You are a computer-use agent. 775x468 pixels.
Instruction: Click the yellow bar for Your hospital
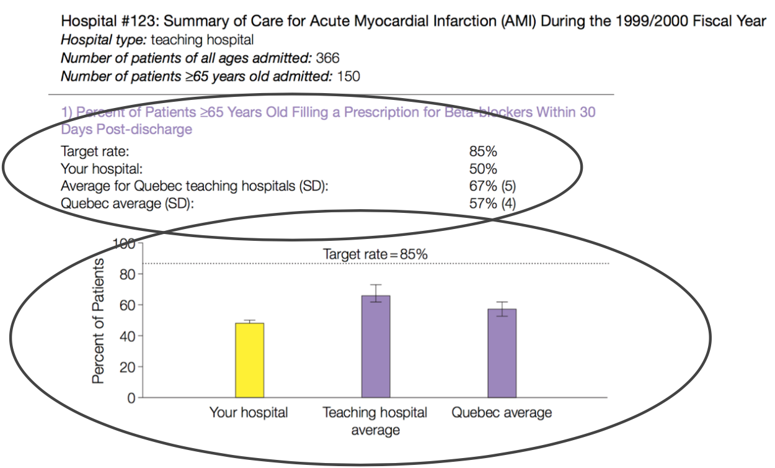click(250, 360)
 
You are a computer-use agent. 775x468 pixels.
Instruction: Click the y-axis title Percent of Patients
click(98, 321)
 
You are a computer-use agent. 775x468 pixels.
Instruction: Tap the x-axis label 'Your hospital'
click(249, 413)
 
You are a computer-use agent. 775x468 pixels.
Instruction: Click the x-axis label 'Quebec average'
click(502, 413)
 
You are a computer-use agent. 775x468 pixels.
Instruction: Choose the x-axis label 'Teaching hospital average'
click(375, 421)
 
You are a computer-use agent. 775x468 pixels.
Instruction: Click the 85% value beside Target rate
click(483, 151)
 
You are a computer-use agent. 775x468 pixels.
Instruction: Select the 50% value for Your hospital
click(483, 168)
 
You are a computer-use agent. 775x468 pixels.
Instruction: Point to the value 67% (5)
click(492, 186)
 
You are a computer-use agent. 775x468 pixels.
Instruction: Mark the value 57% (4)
click(492, 203)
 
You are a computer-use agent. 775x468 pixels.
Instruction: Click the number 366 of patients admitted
click(328, 58)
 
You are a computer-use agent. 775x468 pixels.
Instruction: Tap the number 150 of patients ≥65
click(348, 77)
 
